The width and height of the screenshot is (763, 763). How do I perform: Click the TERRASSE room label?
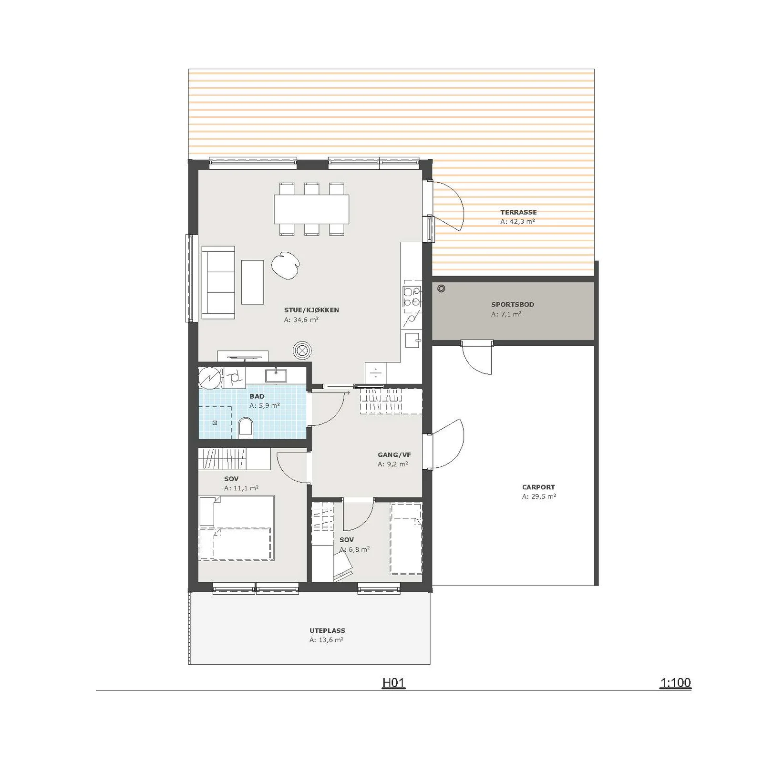click(x=518, y=212)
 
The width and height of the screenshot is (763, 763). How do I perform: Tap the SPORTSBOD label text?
click(x=513, y=305)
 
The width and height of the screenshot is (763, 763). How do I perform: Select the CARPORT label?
click(x=538, y=487)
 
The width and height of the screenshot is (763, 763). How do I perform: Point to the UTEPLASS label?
click(x=327, y=630)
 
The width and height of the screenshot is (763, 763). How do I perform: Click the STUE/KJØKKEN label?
click(x=311, y=310)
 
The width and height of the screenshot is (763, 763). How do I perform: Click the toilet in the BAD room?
click(x=245, y=428)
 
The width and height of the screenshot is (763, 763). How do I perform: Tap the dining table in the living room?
click(x=311, y=209)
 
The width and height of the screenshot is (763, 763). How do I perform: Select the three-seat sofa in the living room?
click(x=218, y=282)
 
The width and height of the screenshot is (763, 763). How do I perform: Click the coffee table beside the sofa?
click(x=252, y=282)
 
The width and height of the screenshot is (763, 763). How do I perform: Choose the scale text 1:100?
click(x=675, y=683)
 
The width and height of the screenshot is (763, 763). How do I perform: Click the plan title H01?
click(x=393, y=683)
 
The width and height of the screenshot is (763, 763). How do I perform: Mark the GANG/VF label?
click(x=394, y=455)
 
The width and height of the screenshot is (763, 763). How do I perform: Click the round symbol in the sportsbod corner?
click(x=441, y=289)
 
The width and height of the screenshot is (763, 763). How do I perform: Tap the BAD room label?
click(x=257, y=396)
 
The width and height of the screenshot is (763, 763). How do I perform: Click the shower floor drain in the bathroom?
click(x=215, y=423)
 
